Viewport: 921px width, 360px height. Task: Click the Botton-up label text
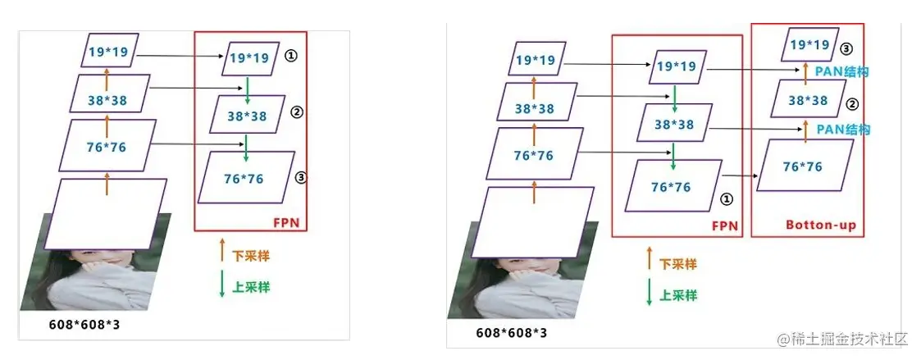coord(820,224)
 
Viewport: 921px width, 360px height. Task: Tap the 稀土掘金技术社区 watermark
coord(845,339)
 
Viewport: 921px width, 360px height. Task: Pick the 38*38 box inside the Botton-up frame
coord(807,100)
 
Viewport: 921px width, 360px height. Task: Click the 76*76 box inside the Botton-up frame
coord(804,166)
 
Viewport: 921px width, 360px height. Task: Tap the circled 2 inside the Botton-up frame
coord(853,104)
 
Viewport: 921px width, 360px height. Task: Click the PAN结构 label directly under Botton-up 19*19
coord(841,72)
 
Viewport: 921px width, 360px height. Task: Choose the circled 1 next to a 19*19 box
coord(290,57)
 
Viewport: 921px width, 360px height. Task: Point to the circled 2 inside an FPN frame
coord(297,112)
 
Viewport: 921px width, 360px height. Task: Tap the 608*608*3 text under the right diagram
coord(511,333)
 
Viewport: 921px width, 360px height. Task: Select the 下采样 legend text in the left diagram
coord(252,256)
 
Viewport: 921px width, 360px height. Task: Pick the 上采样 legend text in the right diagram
coord(678,295)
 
